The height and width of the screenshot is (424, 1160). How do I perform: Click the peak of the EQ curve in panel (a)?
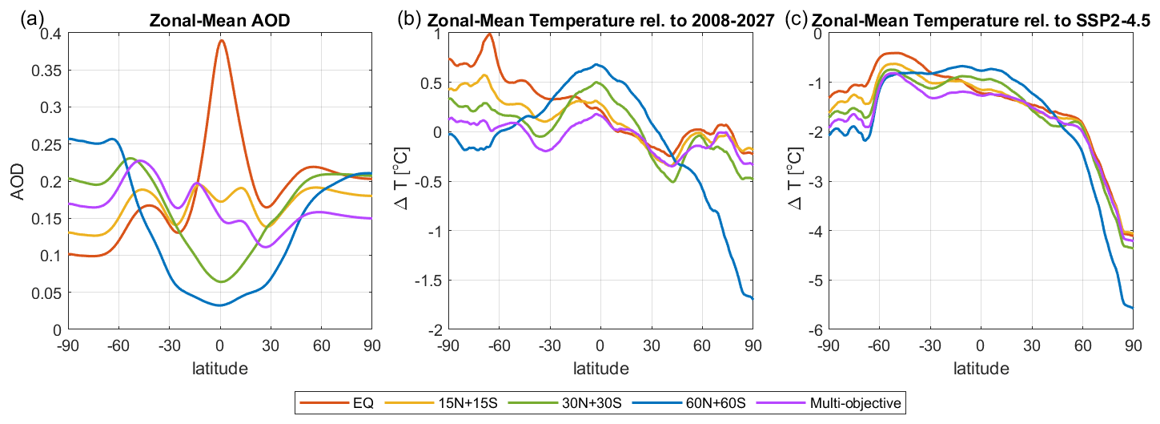(x=221, y=40)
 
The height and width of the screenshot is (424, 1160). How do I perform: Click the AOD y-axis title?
(x=26, y=181)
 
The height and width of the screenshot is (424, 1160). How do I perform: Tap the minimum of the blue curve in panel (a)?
(x=219, y=305)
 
